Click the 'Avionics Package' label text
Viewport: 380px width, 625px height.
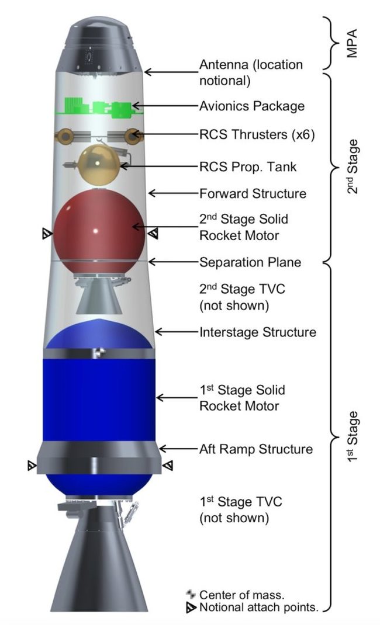pyautogui.click(x=252, y=106)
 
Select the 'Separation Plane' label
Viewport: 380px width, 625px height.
pyautogui.click(x=250, y=262)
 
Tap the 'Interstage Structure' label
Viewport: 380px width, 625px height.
pyautogui.click(x=258, y=332)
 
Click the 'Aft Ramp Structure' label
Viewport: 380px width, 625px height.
pyautogui.click(x=256, y=449)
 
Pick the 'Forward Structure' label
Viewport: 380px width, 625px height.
pyautogui.click(x=253, y=193)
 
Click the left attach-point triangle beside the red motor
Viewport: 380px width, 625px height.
pyautogui.click(x=47, y=234)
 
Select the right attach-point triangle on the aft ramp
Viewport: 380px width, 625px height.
pyautogui.click(x=168, y=466)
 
